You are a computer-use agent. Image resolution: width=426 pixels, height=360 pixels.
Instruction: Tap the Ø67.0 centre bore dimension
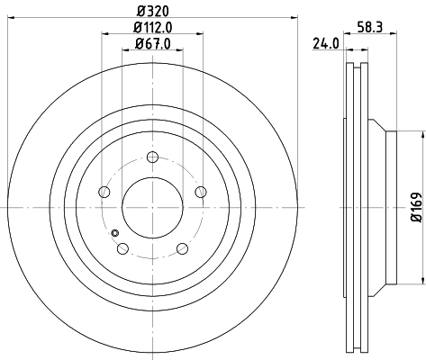(152, 45)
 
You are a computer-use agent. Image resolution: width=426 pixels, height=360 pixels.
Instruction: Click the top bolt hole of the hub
(151, 159)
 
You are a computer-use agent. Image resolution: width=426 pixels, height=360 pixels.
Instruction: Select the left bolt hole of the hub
(104, 193)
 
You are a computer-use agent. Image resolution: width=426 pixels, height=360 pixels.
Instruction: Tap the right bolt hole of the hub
(199, 193)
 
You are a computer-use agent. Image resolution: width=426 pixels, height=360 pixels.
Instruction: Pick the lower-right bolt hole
(181, 247)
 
